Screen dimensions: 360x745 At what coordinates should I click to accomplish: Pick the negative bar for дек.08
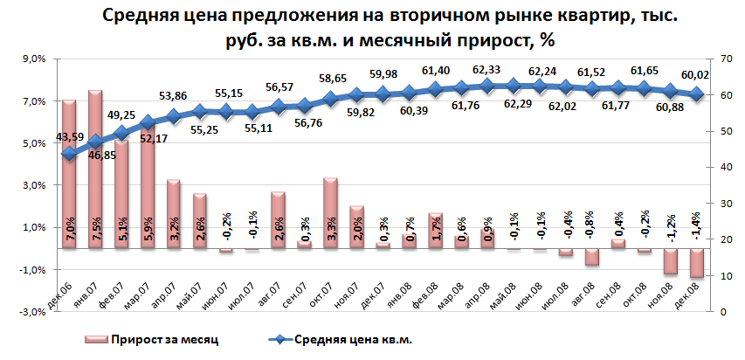click(x=696, y=263)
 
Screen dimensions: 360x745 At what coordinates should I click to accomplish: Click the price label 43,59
click(x=70, y=137)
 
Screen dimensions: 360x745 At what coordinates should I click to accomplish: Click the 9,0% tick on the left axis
click(x=32, y=59)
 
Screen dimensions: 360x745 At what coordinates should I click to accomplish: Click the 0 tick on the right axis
click(x=723, y=312)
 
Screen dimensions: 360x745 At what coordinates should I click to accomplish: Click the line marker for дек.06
click(x=69, y=154)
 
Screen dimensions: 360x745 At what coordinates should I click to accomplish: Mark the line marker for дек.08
click(x=696, y=95)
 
